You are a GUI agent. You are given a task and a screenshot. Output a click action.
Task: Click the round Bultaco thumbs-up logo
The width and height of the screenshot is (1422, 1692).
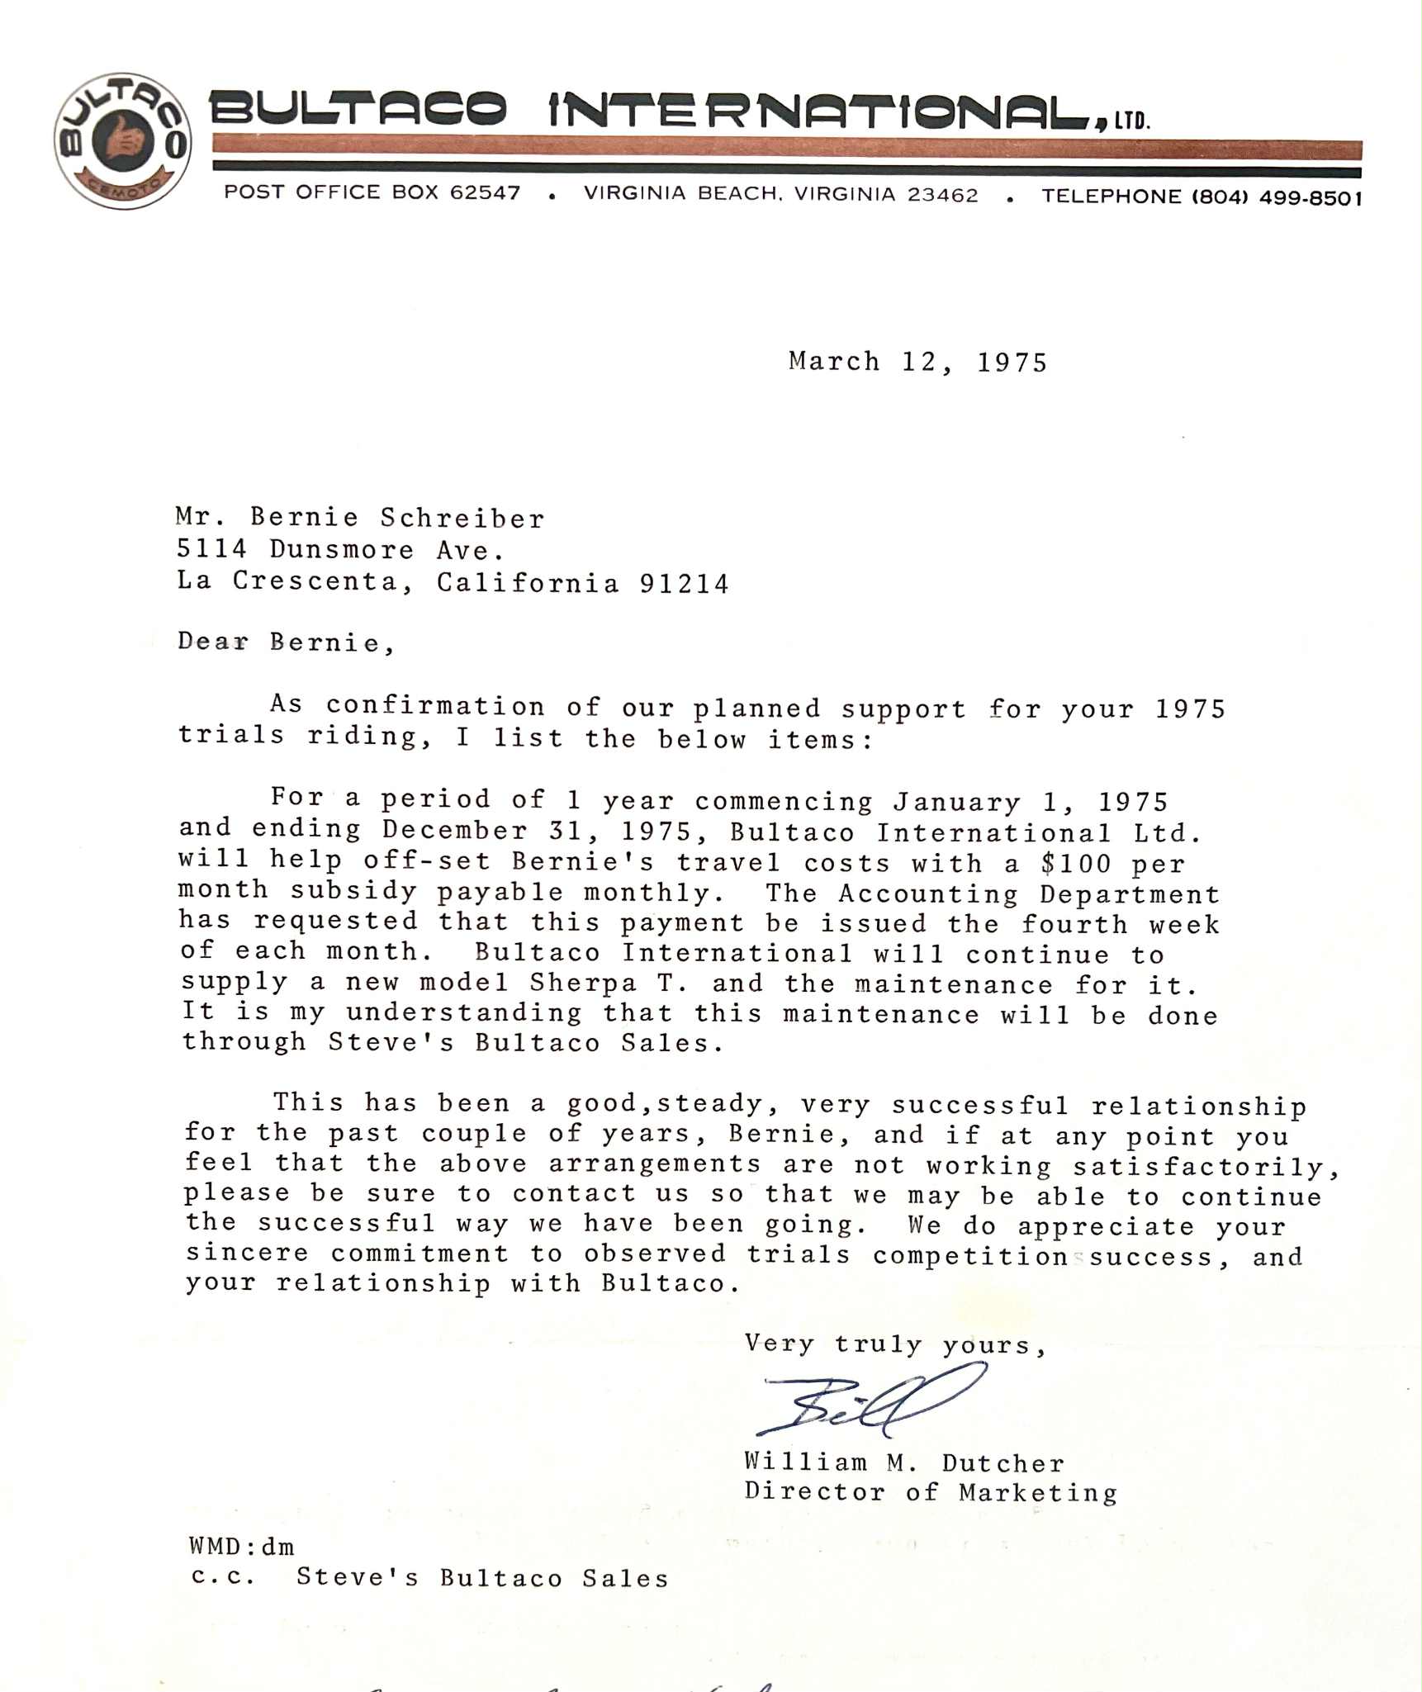coord(122,141)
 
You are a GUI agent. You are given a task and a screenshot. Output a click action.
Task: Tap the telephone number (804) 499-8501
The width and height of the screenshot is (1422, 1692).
coord(1276,198)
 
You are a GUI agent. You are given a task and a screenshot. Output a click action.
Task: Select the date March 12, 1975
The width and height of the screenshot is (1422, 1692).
coord(917,362)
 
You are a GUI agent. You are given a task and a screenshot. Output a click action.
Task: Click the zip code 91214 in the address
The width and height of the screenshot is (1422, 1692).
coord(684,584)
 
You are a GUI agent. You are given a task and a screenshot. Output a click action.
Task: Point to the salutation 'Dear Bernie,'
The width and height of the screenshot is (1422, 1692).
coord(286,642)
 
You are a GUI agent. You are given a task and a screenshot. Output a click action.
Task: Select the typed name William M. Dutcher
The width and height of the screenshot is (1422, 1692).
coord(904,1462)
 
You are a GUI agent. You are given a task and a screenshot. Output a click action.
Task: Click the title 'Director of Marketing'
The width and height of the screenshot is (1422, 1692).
coord(931,1492)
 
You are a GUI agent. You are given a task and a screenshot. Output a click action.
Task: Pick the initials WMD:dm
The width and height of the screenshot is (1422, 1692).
coord(241,1546)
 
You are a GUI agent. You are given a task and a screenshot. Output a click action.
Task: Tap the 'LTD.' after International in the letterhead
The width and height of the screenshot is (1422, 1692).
coord(1131,122)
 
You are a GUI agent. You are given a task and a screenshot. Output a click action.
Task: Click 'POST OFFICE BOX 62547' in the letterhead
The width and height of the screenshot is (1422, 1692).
coord(372,192)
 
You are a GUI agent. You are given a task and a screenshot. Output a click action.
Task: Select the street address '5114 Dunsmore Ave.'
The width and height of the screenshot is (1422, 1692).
coord(340,549)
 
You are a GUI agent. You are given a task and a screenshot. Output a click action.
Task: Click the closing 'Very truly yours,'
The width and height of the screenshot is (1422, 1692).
coord(895,1345)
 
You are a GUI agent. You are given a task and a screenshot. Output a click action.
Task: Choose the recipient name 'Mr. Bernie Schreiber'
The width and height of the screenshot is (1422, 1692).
coord(360,517)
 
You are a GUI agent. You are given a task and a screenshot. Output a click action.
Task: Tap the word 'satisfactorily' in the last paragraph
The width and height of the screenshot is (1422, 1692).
coord(1206,1167)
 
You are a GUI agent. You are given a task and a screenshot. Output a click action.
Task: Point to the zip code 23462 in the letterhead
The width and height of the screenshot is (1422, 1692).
coord(942,195)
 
